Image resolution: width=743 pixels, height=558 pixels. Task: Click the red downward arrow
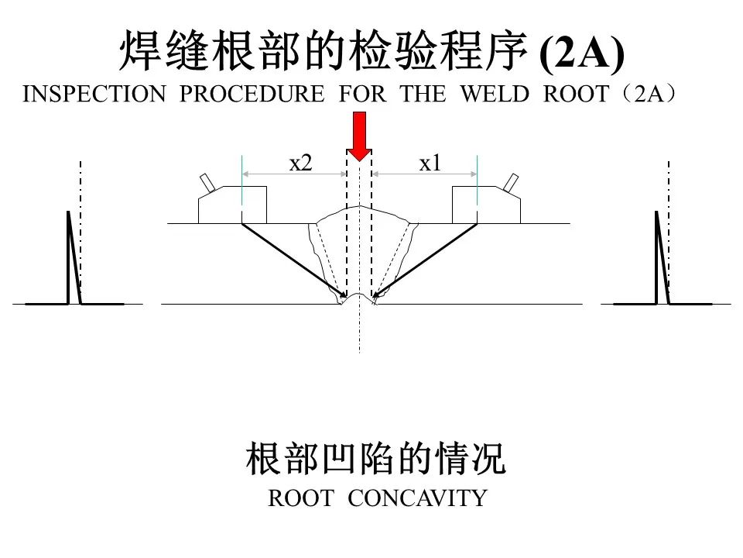[359, 136]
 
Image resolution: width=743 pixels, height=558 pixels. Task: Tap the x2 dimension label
[300, 164]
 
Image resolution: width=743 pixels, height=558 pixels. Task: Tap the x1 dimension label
[430, 164]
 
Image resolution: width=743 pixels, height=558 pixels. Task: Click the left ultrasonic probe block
[232, 205]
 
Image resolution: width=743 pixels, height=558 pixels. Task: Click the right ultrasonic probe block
[487, 205]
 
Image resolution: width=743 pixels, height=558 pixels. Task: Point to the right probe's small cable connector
[512, 183]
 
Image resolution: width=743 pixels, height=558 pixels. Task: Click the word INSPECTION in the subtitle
[94, 94]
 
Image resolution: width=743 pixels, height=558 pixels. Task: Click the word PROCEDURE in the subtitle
[252, 94]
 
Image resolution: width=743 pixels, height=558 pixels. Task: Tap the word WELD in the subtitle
[495, 94]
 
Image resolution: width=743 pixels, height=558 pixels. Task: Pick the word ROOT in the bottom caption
[301, 498]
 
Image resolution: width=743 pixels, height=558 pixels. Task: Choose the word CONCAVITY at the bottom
[417, 498]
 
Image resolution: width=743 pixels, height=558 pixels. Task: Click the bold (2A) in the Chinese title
[582, 53]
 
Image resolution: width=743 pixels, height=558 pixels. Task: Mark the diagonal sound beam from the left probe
[294, 260]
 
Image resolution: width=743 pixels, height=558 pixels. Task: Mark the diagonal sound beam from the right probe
[425, 260]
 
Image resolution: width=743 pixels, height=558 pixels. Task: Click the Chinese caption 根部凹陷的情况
[376, 458]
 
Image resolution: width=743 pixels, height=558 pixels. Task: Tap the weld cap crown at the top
[359, 208]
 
